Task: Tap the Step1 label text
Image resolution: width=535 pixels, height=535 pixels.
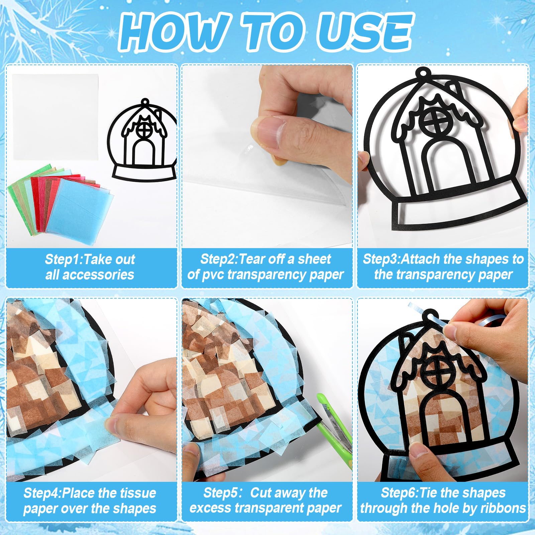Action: (x=63, y=259)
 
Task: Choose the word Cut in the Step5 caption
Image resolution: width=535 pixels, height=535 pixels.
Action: (x=261, y=493)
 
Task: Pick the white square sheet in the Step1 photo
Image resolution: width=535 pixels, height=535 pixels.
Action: (x=56, y=117)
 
